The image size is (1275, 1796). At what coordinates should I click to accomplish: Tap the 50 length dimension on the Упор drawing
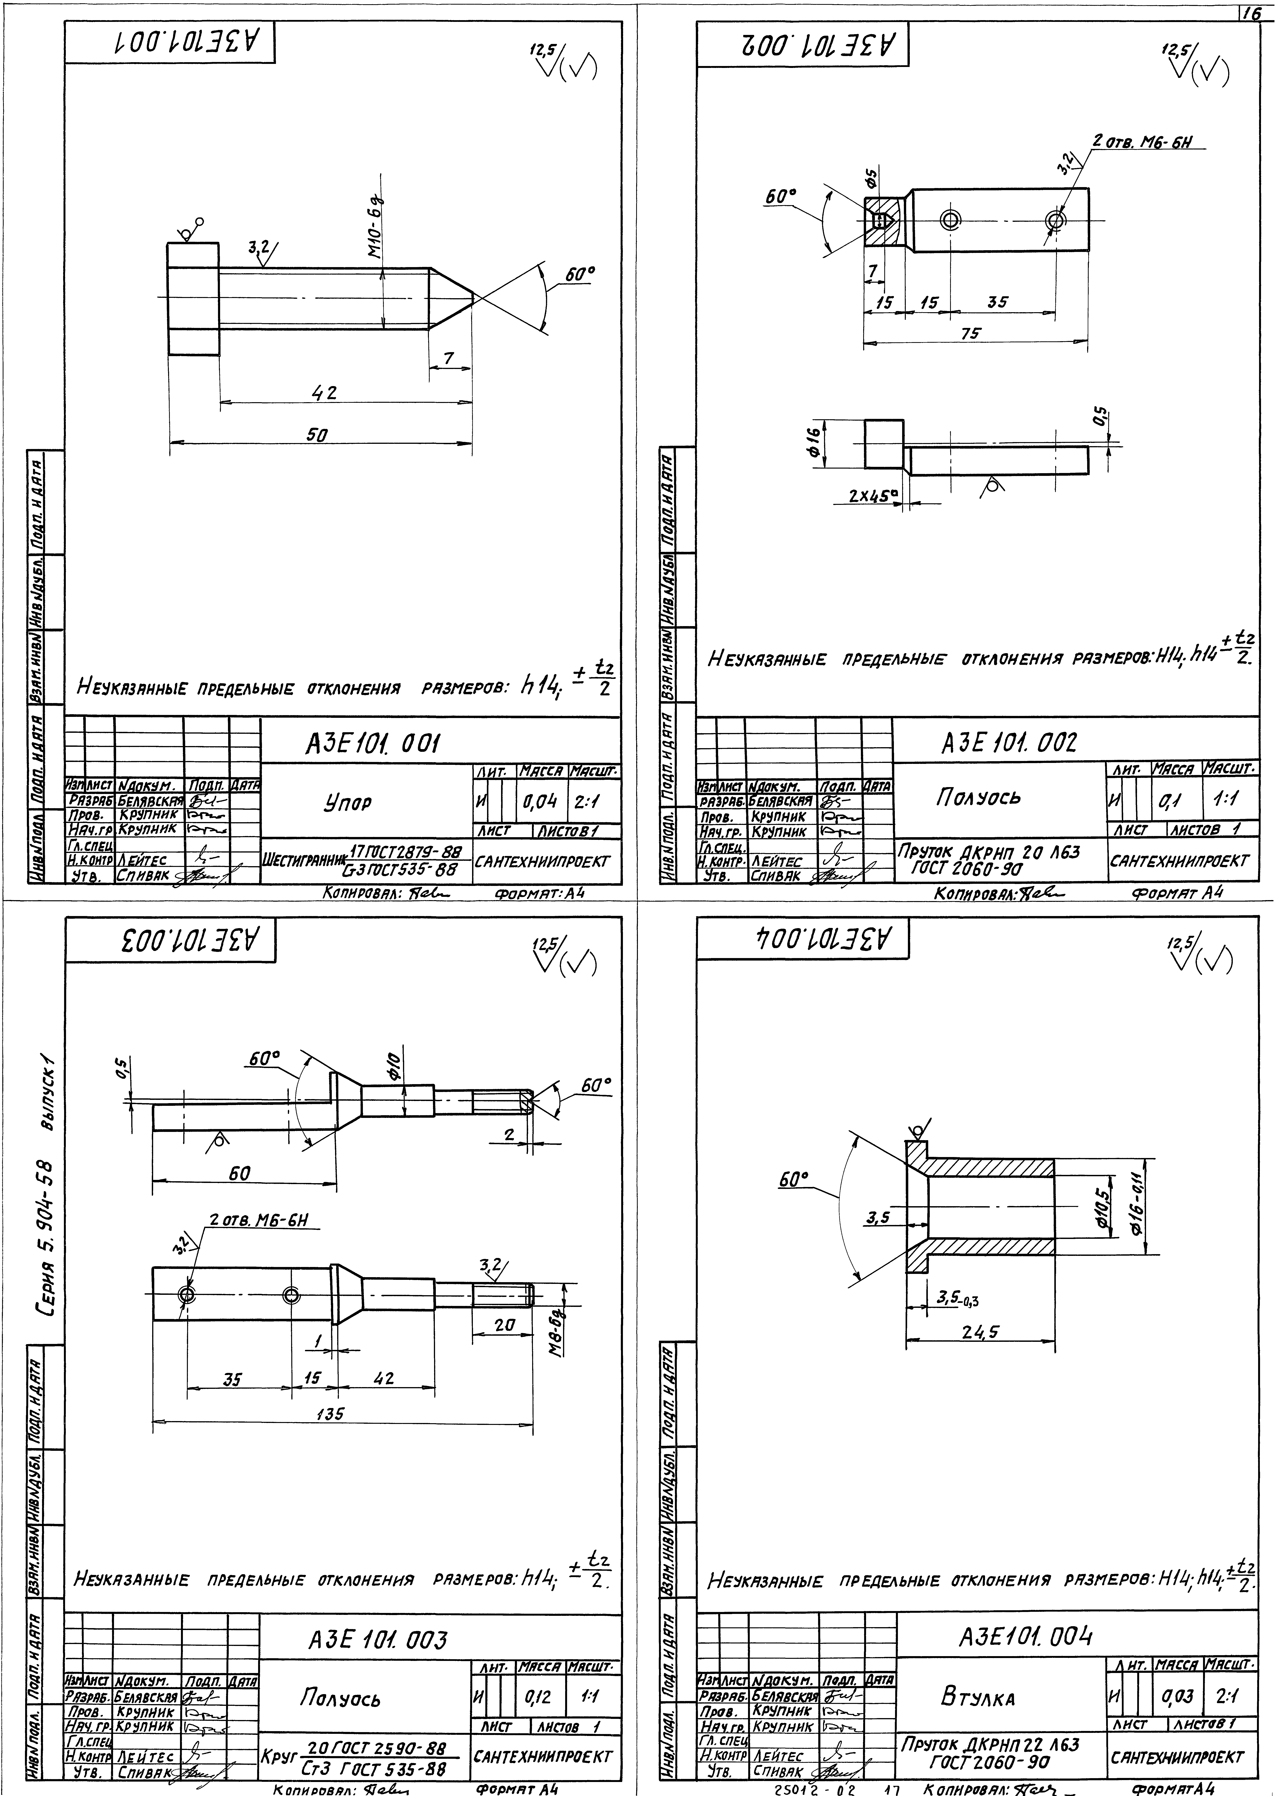point(317,434)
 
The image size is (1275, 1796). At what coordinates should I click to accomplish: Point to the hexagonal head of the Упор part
point(193,299)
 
